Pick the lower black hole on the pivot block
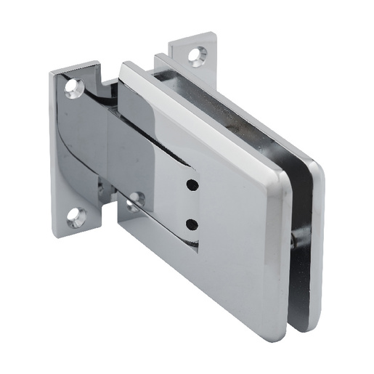(x=191, y=223)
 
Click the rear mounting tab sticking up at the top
(x=193, y=51)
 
